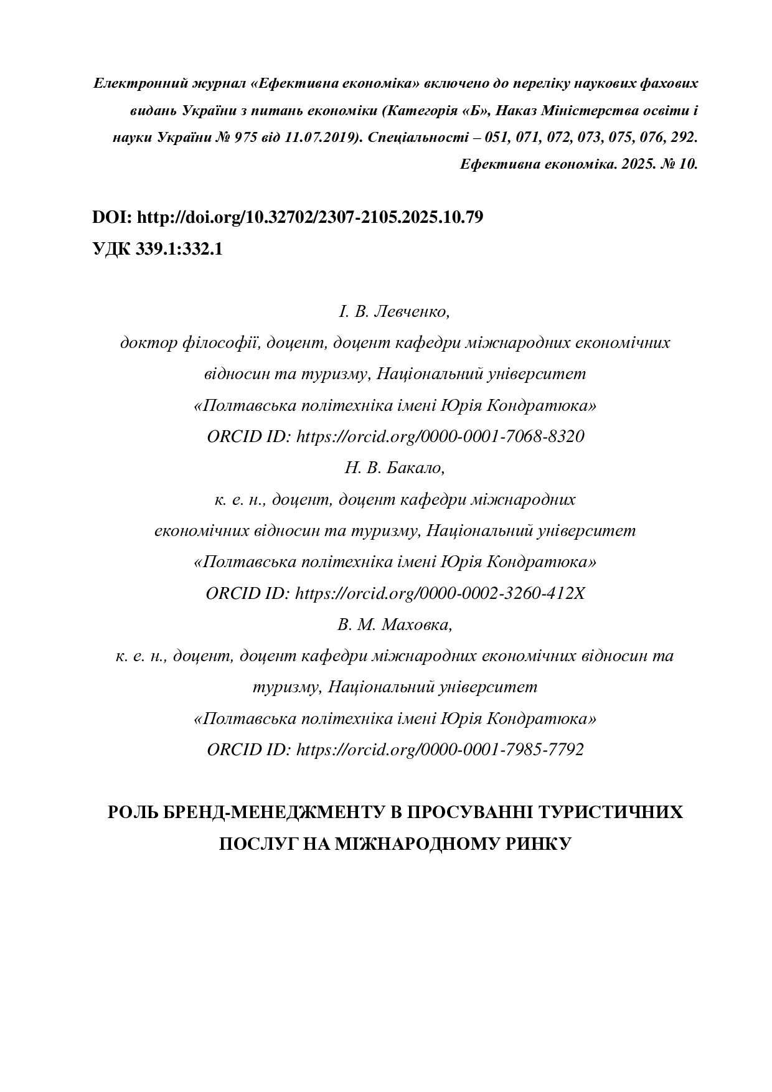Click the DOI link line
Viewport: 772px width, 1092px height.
tap(288, 217)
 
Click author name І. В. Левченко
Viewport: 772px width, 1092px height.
tap(394, 311)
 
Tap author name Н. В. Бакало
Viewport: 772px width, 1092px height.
tap(395, 468)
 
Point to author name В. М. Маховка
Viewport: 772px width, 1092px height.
tap(395, 624)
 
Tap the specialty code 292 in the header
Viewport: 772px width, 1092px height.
tap(684, 138)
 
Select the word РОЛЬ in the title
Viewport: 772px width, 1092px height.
tap(130, 812)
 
